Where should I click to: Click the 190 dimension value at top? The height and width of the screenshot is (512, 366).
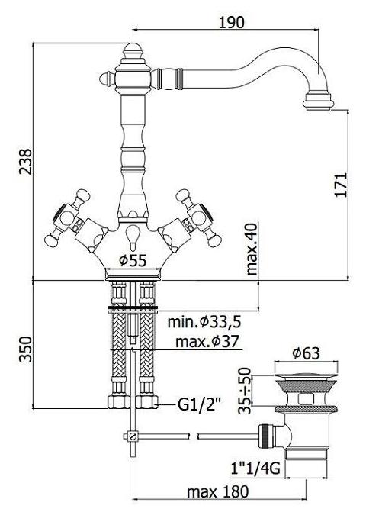tap(231, 22)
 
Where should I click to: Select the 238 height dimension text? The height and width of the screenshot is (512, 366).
tap(26, 162)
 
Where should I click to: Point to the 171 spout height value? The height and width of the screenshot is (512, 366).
tap(341, 185)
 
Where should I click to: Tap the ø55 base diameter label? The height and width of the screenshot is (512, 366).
tap(133, 260)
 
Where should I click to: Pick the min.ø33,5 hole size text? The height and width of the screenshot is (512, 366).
tap(204, 322)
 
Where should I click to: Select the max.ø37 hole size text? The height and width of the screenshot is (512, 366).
tap(207, 342)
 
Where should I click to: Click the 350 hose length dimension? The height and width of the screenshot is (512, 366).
tap(26, 349)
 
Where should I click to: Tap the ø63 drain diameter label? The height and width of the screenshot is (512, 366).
tap(306, 353)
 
